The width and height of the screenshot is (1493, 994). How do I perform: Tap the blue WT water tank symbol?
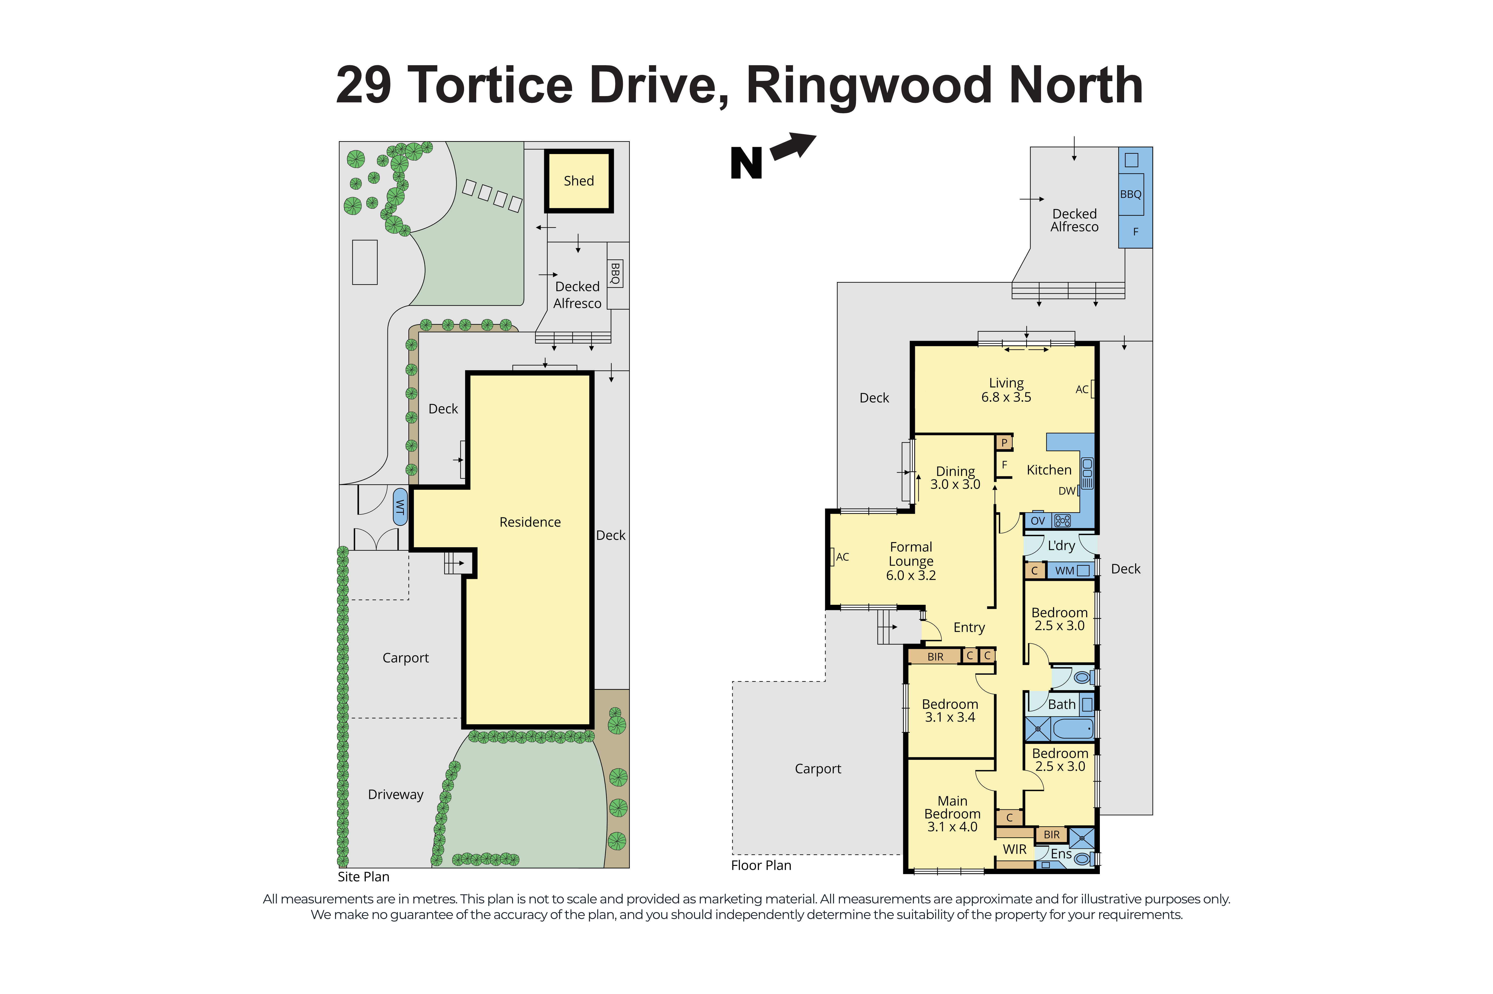pyautogui.click(x=400, y=506)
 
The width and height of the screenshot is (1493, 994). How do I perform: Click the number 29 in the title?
pyautogui.click(x=364, y=86)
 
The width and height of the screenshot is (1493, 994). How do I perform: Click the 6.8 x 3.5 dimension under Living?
pyautogui.click(x=1006, y=397)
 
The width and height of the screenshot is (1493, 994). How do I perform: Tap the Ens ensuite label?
pyautogui.click(x=1061, y=854)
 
